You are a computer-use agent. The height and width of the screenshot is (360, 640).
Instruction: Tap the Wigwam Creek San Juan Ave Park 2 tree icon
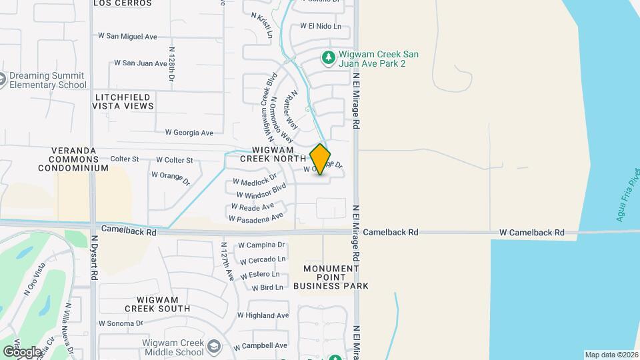click(x=328, y=58)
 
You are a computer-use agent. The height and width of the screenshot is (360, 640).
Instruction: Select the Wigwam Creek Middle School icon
click(x=213, y=347)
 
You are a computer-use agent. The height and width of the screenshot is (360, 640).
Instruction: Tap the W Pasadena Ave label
click(x=256, y=217)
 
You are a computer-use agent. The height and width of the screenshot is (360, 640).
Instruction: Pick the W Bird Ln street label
click(x=267, y=287)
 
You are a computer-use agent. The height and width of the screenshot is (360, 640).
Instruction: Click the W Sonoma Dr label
click(x=121, y=323)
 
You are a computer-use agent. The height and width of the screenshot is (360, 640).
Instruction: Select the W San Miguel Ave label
click(x=127, y=36)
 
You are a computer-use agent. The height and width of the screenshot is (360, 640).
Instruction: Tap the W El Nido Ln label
click(x=320, y=27)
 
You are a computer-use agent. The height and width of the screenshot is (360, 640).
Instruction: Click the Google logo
click(x=21, y=351)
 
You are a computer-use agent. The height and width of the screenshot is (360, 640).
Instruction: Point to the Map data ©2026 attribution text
click(x=611, y=355)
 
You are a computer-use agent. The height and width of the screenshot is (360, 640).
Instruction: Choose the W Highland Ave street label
click(x=263, y=315)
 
